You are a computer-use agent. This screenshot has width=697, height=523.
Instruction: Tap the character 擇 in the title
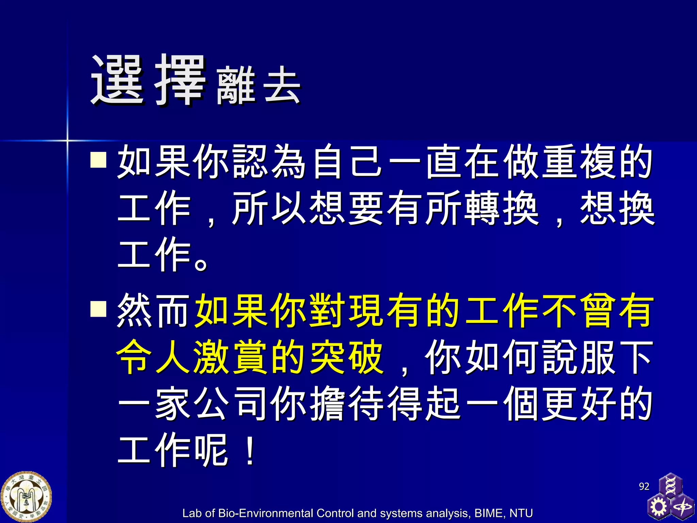click(180, 80)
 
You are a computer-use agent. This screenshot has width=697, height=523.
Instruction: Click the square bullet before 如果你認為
click(99, 160)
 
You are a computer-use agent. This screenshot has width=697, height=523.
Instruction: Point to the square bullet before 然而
click(99, 308)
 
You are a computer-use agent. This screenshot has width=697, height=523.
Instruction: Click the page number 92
click(644, 486)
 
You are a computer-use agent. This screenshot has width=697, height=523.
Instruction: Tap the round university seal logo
click(26, 497)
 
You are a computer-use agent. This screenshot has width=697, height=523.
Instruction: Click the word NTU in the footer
click(521, 513)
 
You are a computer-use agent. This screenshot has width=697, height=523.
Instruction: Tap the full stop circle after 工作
click(201, 264)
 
